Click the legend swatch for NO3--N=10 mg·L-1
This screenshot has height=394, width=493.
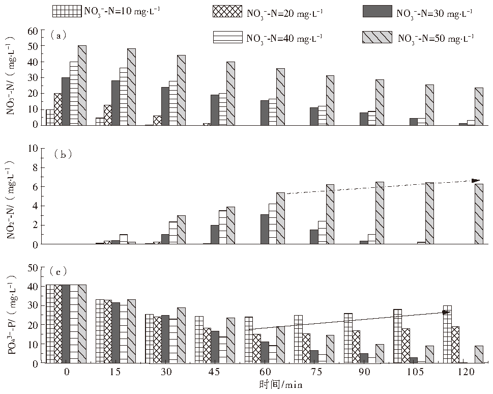click(x=66, y=10)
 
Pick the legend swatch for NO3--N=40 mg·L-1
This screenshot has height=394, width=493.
click(x=228, y=37)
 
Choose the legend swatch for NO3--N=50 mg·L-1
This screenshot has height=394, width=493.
click(x=377, y=37)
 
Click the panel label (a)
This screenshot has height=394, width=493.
click(x=57, y=35)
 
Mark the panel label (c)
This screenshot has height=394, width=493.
click(x=58, y=270)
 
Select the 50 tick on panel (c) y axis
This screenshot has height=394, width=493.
click(x=32, y=267)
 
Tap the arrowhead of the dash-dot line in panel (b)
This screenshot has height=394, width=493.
click(x=476, y=180)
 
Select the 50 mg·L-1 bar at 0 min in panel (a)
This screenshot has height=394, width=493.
click(x=82, y=85)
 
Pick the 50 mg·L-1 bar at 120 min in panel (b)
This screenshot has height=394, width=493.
click(x=479, y=214)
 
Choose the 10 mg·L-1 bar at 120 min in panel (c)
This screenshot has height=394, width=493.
click(x=447, y=334)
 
